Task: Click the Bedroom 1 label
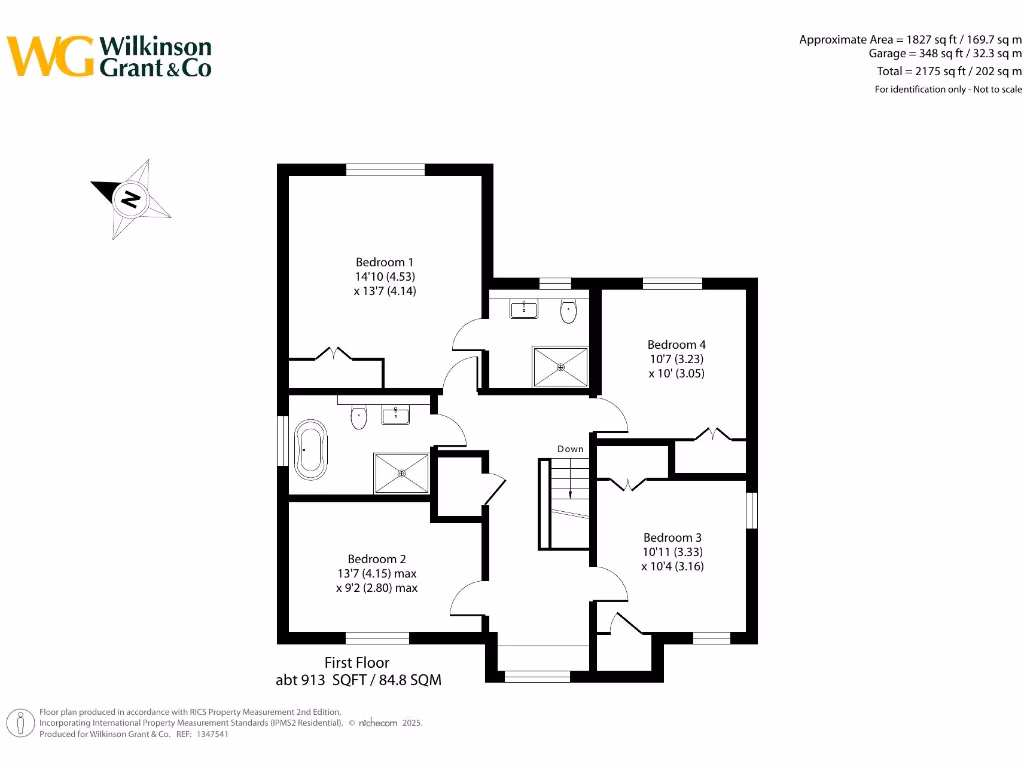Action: [384, 263]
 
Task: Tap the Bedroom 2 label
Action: [376, 559]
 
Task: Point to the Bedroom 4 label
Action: [676, 344]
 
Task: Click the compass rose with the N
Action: [131, 198]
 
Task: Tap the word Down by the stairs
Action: [570, 449]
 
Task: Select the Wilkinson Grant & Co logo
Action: [110, 56]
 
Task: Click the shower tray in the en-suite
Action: [560, 366]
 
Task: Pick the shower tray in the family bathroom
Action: [402, 473]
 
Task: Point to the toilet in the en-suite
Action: [568, 311]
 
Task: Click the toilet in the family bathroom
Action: [360, 417]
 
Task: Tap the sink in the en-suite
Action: [524, 310]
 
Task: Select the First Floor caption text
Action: [357, 662]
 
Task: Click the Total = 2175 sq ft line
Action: [949, 71]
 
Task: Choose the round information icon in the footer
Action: [19, 723]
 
